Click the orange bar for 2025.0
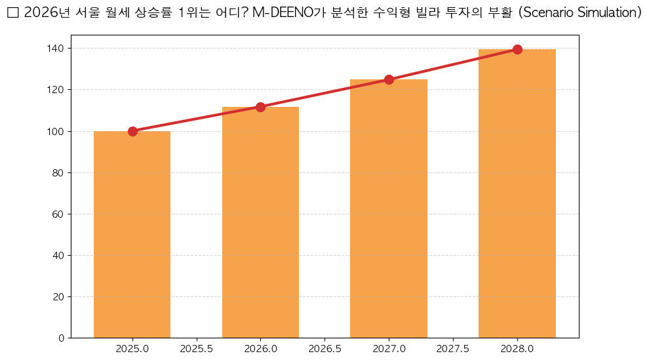[132, 234]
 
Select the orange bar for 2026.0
[260, 222]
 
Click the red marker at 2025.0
[132, 131]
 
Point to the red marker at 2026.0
[260, 107]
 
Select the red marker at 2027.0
[389, 79]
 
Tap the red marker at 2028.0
[517, 49]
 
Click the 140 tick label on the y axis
[55, 49]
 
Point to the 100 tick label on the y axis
[55, 131]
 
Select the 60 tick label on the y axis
[58, 214]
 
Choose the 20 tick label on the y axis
[58, 296]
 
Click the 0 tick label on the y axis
[61, 338]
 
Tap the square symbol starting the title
[12, 14]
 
